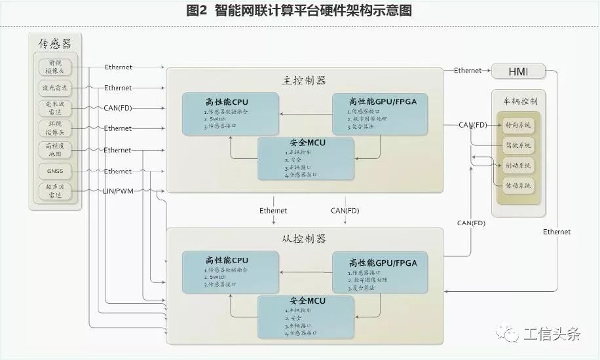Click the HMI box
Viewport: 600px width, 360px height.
pyautogui.click(x=518, y=71)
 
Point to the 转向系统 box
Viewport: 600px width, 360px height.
pyautogui.click(x=518, y=124)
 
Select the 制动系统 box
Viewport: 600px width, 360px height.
pyautogui.click(x=518, y=164)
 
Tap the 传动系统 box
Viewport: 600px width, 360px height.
pyautogui.click(x=518, y=186)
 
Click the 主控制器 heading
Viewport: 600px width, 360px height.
pyautogui.click(x=304, y=81)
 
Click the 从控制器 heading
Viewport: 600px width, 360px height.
pyautogui.click(x=304, y=239)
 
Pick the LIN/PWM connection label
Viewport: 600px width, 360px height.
pyautogui.click(x=118, y=190)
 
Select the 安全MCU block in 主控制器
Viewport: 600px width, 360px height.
pyautogui.click(x=306, y=158)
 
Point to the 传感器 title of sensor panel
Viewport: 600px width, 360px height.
pyautogui.click(x=56, y=44)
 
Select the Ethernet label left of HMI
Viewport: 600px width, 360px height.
pyautogui.click(x=468, y=71)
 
